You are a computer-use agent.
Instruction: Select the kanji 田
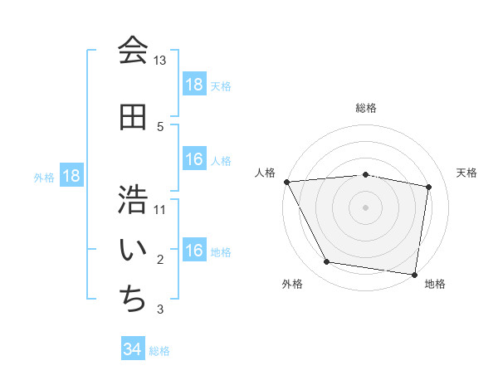133,117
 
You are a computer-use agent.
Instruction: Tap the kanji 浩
133,199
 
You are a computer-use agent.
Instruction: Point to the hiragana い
133,249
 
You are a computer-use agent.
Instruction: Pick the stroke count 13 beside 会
160,61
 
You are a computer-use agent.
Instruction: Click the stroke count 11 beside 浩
160,210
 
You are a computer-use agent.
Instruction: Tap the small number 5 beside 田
160,127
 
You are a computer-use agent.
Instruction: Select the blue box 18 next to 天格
194,85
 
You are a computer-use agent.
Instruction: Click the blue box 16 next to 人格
194,159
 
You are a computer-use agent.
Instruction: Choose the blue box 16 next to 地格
194,251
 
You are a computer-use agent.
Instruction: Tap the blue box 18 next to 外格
71,176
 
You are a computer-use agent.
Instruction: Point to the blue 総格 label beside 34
159,351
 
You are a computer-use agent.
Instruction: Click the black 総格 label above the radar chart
366,108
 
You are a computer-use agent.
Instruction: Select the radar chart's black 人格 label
266,173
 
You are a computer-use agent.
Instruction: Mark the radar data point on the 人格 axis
286,182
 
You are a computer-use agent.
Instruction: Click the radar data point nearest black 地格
414,274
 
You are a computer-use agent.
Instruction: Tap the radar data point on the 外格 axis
326,262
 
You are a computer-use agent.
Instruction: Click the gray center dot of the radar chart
366,207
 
